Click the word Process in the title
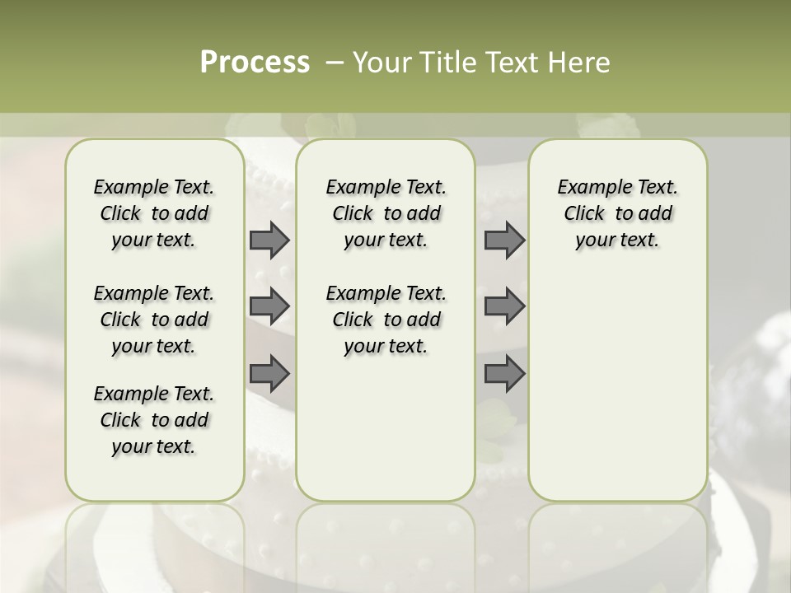[255, 62]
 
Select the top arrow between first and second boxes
[269, 240]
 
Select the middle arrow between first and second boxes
[269, 306]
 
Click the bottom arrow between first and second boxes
[269, 373]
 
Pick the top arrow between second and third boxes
[504, 240]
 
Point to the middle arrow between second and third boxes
[504, 306]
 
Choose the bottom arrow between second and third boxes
[504, 373]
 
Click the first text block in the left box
[154, 213]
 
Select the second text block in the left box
[154, 320]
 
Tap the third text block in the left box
[154, 420]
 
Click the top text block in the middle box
[386, 213]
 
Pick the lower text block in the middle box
[386, 320]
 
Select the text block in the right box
[617, 213]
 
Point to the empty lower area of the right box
[617, 387]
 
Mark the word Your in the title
[381, 62]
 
